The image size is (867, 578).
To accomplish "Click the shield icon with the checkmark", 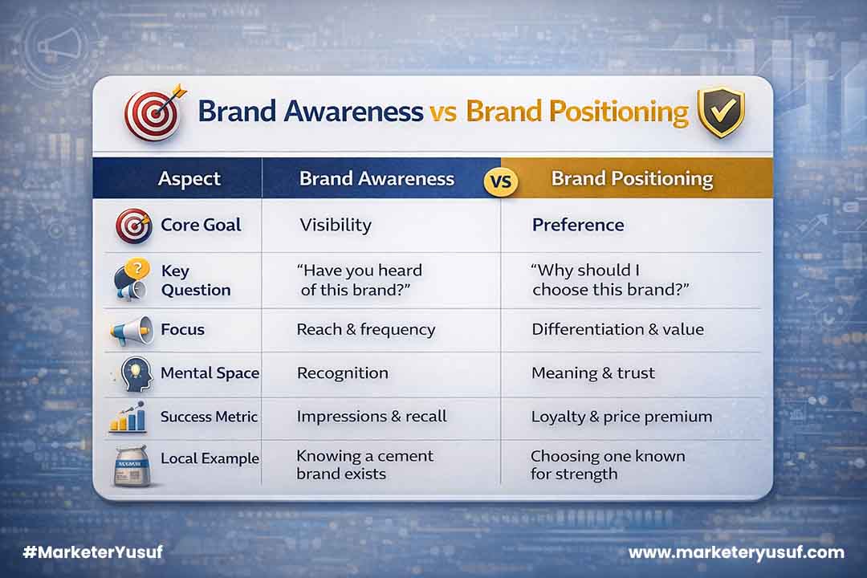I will click(x=720, y=112).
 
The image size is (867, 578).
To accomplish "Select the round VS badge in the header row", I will click(x=502, y=180).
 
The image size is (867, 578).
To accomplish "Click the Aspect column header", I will click(x=189, y=178).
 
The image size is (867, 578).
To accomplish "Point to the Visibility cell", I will click(x=336, y=225).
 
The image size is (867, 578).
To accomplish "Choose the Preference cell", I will click(x=578, y=225).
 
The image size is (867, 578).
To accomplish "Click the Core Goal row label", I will click(x=201, y=225).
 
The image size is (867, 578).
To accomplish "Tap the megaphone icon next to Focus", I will click(x=133, y=330).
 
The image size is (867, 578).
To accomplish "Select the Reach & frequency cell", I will click(x=366, y=329).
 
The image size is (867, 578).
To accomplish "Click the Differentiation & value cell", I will click(x=617, y=329).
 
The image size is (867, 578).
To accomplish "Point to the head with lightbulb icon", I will click(x=133, y=373).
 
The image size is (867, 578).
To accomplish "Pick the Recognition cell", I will click(x=343, y=373).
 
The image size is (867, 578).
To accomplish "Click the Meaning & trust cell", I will click(x=593, y=373).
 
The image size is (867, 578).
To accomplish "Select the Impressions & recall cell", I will click(x=372, y=416).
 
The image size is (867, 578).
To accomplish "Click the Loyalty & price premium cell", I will click(x=621, y=416).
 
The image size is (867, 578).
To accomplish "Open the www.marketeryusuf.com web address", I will click(x=736, y=552).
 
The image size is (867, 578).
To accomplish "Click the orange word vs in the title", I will click(x=444, y=112).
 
